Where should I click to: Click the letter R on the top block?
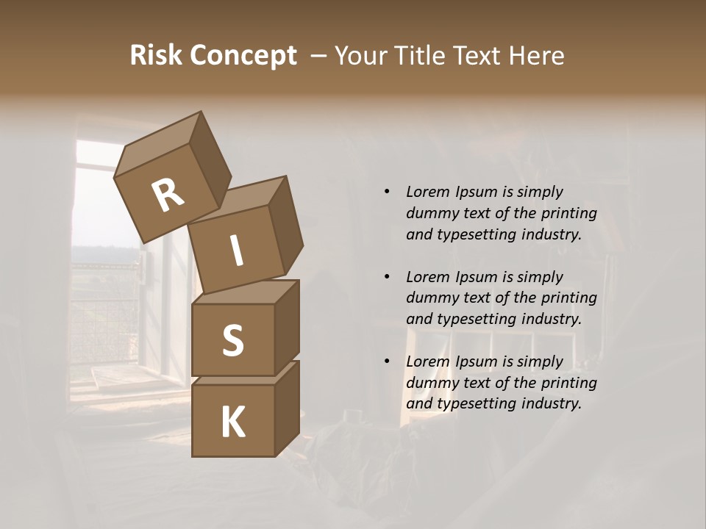pyautogui.click(x=168, y=195)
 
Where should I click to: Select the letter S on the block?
pyautogui.click(x=232, y=340)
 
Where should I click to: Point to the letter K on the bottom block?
pyautogui.click(x=232, y=422)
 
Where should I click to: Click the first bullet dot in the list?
pyautogui.click(x=387, y=192)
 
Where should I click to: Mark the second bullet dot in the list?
pyautogui.click(x=387, y=277)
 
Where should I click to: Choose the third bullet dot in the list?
pyautogui.click(x=387, y=361)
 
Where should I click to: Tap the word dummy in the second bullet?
pyautogui.click(x=431, y=298)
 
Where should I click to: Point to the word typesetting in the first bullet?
pyautogui.click(x=479, y=235)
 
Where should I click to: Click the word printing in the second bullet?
pyautogui.click(x=568, y=298)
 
